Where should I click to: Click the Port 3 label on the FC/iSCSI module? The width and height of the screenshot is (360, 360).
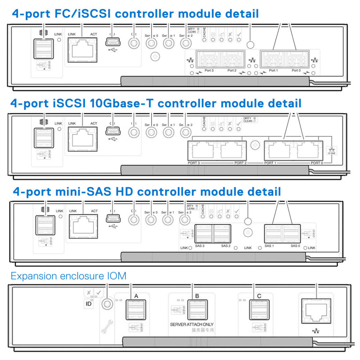click(209, 71)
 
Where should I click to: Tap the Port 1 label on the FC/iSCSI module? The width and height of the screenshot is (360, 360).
click(273, 71)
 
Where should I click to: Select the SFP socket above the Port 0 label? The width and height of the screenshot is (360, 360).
click(296, 59)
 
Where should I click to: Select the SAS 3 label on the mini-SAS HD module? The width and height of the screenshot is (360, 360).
click(200, 246)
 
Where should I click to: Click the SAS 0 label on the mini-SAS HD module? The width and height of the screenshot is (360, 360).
click(295, 246)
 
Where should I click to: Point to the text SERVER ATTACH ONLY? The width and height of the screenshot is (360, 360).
click(192, 324)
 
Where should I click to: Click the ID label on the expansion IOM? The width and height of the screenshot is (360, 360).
click(89, 305)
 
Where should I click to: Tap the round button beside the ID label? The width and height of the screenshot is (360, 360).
click(107, 303)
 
